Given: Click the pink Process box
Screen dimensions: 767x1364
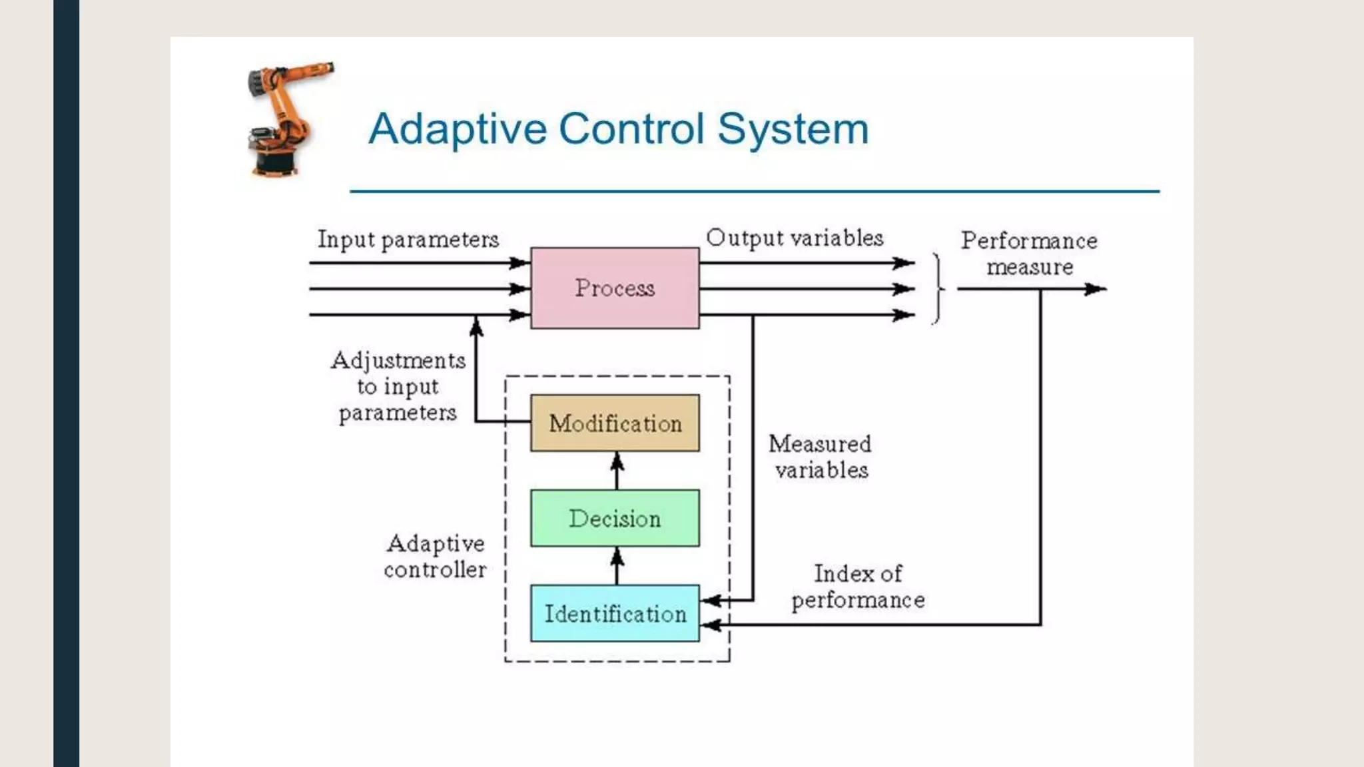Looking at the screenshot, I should click(x=615, y=288).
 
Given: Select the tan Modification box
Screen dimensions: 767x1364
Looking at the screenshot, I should click(x=615, y=423).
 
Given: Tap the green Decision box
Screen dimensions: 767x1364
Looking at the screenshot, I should click(x=615, y=519).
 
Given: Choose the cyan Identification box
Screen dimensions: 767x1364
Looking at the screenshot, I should click(x=615, y=614).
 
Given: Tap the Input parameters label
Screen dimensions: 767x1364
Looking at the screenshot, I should click(x=408, y=239).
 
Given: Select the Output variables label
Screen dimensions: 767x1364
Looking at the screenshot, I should click(x=795, y=238).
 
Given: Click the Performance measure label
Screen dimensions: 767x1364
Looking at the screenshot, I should click(x=1029, y=254).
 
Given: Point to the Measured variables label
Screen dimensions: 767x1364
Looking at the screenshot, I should click(x=821, y=457).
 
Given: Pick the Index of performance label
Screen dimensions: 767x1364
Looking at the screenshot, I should click(x=858, y=587).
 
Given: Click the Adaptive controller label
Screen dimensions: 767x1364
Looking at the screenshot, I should click(x=436, y=557).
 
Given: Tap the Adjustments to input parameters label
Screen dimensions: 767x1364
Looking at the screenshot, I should click(x=398, y=386).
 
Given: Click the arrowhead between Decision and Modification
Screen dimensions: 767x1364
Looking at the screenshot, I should click(x=617, y=461).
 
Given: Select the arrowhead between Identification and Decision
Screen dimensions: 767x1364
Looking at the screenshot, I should click(x=617, y=556).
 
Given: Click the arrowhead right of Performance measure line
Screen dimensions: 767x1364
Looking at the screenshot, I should click(x=1096, y=289).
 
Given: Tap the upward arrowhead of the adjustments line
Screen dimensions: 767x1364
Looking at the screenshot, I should click(x=476, y=326).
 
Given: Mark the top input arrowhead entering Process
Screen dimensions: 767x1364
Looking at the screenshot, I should click(x=520, y=263).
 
